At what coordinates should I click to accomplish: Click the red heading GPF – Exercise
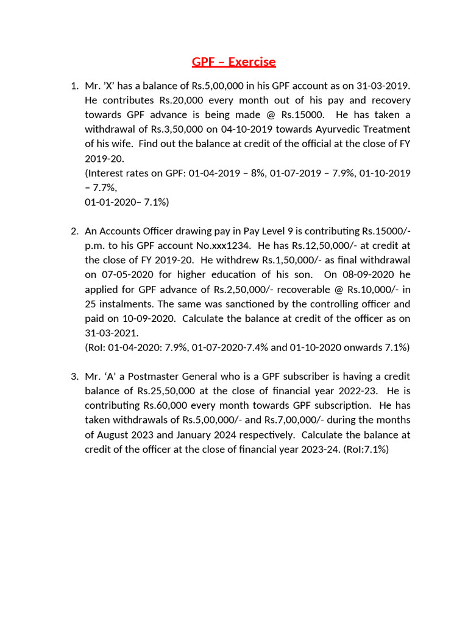click(234, 62)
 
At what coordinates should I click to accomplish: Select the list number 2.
click(74, 231)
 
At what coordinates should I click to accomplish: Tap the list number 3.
click(74, 376)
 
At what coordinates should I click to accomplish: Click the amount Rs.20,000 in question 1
click(181, 100)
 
